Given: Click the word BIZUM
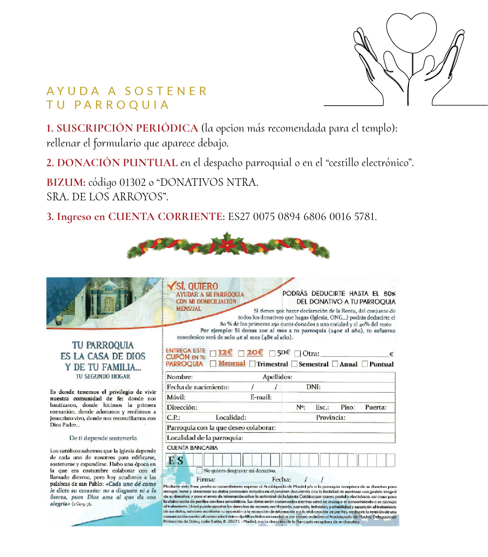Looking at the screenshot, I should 66,182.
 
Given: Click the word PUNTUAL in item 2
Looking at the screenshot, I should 151,163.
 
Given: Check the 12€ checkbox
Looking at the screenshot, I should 213,354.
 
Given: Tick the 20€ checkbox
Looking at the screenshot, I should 241,354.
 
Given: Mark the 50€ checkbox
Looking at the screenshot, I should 272,354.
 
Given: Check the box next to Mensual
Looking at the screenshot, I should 213,364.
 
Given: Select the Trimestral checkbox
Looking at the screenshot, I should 252,364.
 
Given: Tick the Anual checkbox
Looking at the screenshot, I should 335,364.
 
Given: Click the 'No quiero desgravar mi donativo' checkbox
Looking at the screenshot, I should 199,470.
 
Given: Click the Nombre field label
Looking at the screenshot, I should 180,377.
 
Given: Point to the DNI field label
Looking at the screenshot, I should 313,387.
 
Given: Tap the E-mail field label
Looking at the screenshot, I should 261,397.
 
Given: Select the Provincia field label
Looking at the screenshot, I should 331,418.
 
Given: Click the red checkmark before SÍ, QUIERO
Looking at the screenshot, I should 171,286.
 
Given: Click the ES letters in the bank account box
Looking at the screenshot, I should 175,460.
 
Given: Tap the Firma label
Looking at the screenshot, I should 206,479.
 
